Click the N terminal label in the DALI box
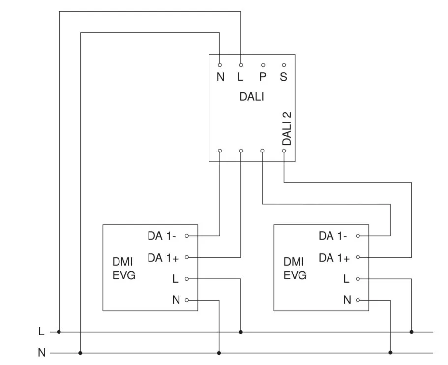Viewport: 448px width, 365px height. click(x=220, y=77)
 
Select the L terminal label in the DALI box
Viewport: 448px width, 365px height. click(x=240, y=77)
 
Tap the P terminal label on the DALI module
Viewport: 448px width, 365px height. click(x=263, y=77)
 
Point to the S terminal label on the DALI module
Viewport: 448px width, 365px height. click(x=284, y=77)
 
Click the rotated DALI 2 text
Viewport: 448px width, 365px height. click(x=287, y=128)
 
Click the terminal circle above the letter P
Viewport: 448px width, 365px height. click(x=263, y=65)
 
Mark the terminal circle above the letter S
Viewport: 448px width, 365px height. click(x=284, y=65)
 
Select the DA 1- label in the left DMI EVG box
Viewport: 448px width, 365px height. click(x=162, y=236)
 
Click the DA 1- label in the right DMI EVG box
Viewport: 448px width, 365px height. click(x=333, y=236)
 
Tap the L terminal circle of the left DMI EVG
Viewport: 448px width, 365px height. click(x=187, y=279)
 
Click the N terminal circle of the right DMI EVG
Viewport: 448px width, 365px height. click(x=358, y=300)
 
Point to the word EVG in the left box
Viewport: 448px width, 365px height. click(x=124, y=276)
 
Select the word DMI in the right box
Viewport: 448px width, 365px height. click(x=294, y=262)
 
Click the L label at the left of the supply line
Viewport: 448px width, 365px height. click(x=41, y=332)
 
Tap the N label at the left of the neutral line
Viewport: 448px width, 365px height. click(x=41, y=353)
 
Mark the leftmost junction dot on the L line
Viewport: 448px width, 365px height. click(x=59, y=332)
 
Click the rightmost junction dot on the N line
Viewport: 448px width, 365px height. click(x=390, y=353)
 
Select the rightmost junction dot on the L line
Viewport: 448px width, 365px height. click(x=412, y=332)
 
